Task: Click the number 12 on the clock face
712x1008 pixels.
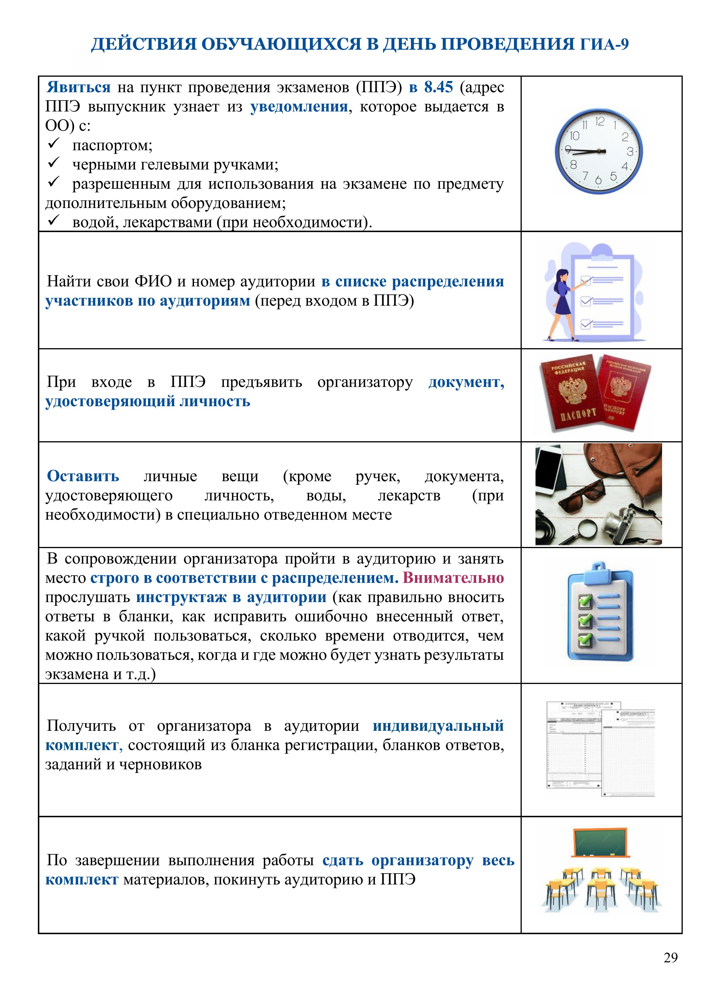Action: click(600, 121)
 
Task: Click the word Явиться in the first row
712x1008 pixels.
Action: click(79, 87)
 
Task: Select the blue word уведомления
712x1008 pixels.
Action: click(299, 107)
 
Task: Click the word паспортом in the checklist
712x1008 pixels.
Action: click(112, 145)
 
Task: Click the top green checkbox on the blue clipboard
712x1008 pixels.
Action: click(585, 601)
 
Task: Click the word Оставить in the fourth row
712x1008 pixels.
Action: click(83, 476)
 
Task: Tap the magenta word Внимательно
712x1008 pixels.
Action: click(453, 578)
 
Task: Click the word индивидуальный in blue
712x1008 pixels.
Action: click(438, 726)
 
